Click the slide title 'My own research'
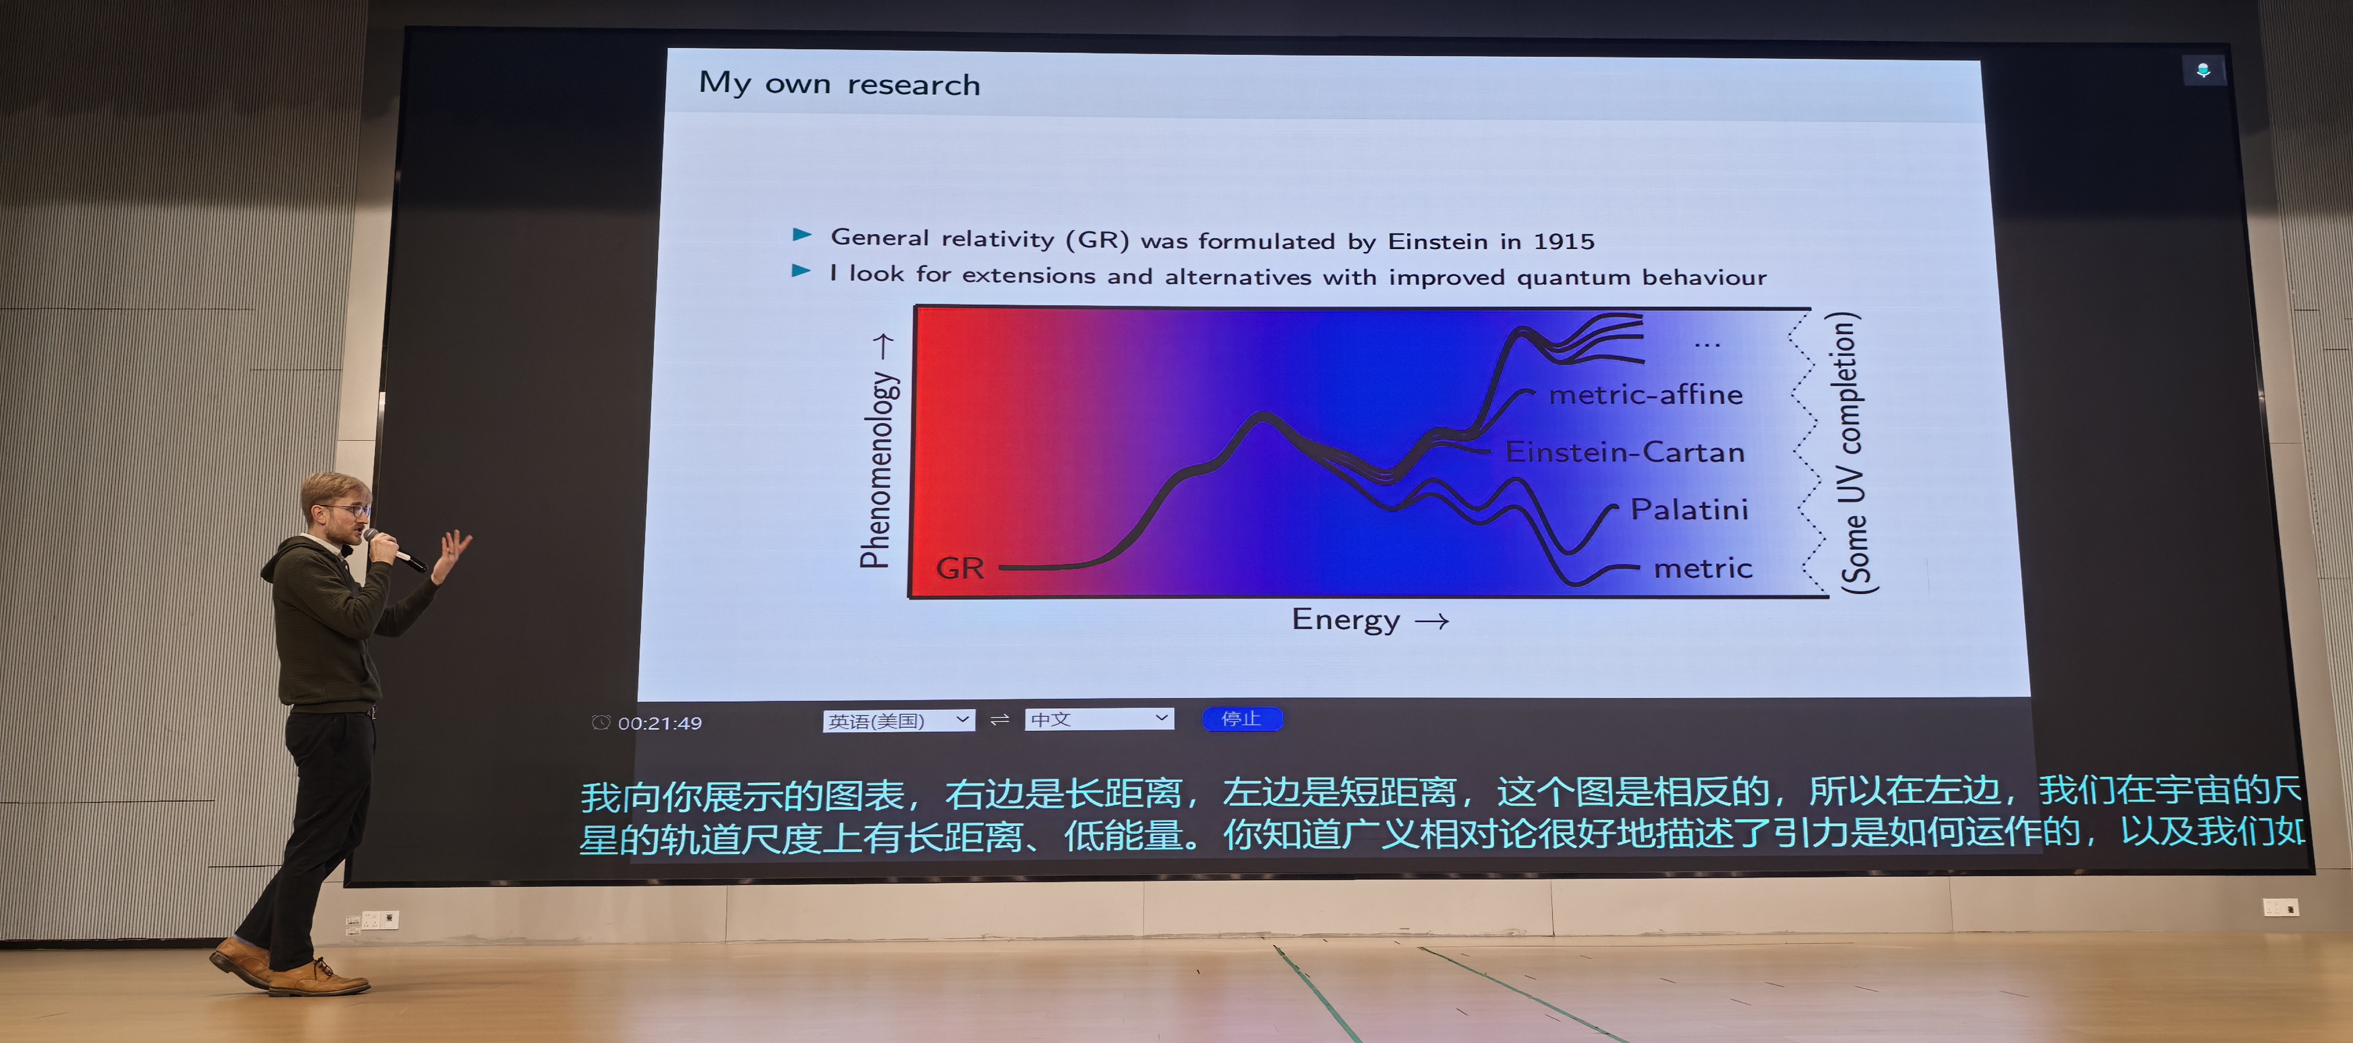[x=839, y=84]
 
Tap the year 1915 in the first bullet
[x=1564, y=242]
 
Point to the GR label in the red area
[x=960, y=568]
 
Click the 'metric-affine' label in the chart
[x=1646, y=395]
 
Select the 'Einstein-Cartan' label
[x=1625, y=452]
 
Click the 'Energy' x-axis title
[x=1345, y=620]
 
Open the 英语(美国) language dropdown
[x=898, y=721]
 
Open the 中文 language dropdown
[x=1099, y=718]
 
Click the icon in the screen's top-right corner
[x=2203, y=70]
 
